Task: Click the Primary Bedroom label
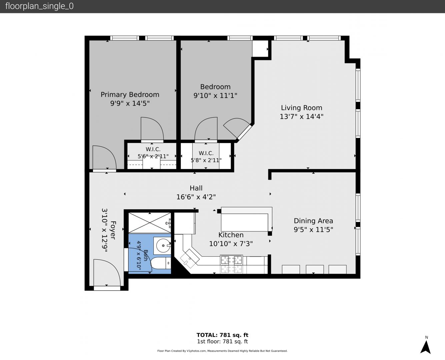pyautogui.click(x=130, y=95)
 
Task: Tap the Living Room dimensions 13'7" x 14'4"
pyautogui.click(x=301, y=116)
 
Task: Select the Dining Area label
pyautogui.click(x=313, y=221)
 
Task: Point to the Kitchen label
pyautogui.click(x=231, y=235)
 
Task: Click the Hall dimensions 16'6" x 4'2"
pyautogui.click(x=196, y=197)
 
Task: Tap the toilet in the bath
pyautogui.click(x=160, y=263)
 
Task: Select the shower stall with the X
pyautogui.click(x=150, y=223)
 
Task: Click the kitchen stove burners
pyautogui.click(x=231, y=264)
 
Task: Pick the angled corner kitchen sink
pyautogui.click(x=190, y=259)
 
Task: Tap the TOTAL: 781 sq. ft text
pyautogui.click(x=222, y=335)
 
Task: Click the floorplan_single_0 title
pyautogui.click(x=39, y=6)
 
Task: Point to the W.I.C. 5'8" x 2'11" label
pyautogui.click(x=206, y=157)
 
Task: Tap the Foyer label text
pyautogui.click(x=113, y=230)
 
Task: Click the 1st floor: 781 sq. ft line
pyautogui.click(x=222, y=342)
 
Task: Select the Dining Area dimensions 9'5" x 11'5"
pyautogui.click(x=313, y=230)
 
